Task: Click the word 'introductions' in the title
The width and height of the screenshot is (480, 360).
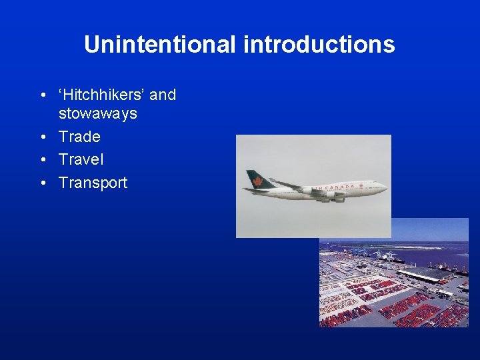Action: click(319, 45)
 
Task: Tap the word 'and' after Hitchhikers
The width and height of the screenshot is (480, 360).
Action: click(163, 95)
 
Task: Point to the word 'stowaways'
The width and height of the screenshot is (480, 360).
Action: click(97, 113)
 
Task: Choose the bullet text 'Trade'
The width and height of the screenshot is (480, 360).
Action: click(79, 137)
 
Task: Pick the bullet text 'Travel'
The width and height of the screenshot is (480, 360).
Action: click(81, 159)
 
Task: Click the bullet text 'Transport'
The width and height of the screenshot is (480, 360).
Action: click(93, 183)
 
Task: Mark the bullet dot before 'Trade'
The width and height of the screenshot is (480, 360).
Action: click(43, 137)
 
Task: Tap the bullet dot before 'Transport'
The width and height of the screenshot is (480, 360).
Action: click(43, 183)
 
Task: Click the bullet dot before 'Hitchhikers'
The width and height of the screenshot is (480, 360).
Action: click(43, 95)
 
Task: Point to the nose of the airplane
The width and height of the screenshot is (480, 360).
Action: click(384, 187)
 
